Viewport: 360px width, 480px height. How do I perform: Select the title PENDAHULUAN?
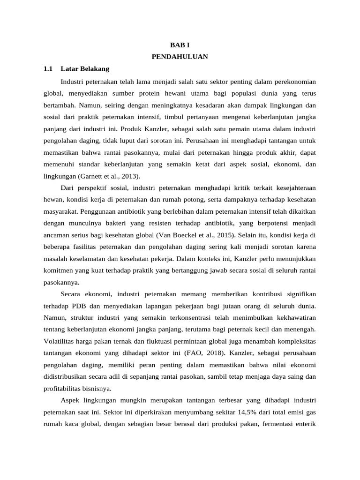pos(180,57)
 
